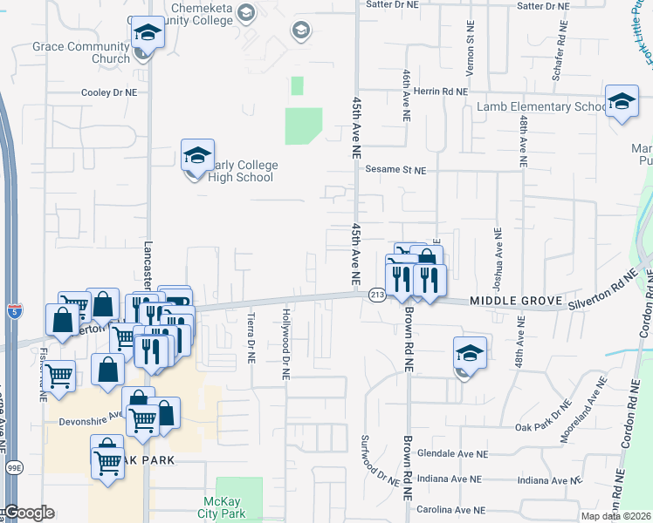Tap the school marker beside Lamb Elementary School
(x=622, y=104)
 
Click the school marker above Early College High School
(x=197, y=157)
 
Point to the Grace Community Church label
(x=80, y=52)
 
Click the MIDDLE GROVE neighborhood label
(x=514, y=300)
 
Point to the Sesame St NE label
(x=395, y=170)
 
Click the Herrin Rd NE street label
(x=439, y=91)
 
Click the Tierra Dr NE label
(x=251, y=338)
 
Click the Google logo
(x=29, y=513)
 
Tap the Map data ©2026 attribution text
(x=616, y=516)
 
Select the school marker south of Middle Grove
(x=469, y=355)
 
